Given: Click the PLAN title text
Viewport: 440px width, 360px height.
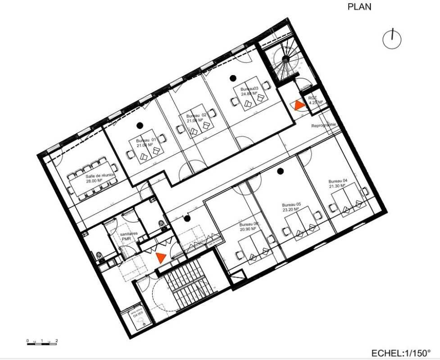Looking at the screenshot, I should pos(359,7).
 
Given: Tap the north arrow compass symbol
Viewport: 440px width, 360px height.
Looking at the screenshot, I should pos(392,39).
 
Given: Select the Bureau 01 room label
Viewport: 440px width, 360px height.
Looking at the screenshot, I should pos(146,143).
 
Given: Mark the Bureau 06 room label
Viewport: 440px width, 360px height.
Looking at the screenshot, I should pos(248,226).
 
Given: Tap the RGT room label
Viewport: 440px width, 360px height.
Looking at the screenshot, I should pos(315,100).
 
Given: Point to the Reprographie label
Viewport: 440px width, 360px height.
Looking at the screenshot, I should pos(323,126).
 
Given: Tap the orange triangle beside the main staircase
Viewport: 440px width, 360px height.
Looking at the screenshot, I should pos(161,257).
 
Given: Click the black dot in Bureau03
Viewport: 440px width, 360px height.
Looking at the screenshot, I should pos(232,78).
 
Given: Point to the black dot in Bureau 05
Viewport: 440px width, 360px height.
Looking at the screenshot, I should pos(280,171).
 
